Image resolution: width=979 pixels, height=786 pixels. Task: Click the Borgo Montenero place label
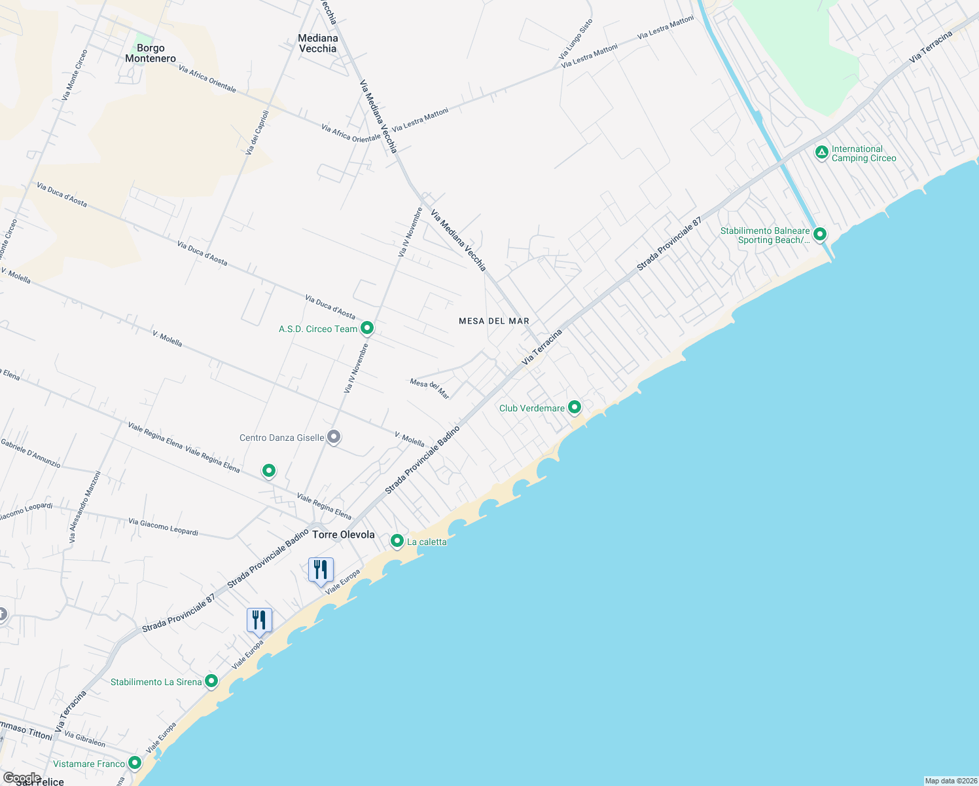coord(151,53)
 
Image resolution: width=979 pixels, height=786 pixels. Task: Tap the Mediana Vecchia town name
coord(318,43)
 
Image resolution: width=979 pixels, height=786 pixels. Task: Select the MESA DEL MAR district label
coord(494,321)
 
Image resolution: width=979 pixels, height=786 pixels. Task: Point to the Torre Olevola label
coord(344,534)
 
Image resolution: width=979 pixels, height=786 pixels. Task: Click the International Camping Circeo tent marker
coord(822,153)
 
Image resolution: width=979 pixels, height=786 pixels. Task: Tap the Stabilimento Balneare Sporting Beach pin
coord(819,234)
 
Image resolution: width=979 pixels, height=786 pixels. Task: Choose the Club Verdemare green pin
coord(575,407)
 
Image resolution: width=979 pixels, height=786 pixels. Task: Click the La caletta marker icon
coord(397,541)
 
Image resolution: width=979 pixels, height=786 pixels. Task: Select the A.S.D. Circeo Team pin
coord(367,327)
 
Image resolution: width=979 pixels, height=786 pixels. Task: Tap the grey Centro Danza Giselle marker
coord(334,436)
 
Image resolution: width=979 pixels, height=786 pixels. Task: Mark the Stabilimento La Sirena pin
coord(211,681)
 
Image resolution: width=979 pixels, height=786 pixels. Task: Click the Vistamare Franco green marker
coord(135,762)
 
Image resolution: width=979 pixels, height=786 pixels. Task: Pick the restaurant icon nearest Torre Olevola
coord(321,570)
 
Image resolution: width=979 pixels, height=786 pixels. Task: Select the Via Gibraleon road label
coord(85,739)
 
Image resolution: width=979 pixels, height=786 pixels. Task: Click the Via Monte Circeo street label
coord(75,75)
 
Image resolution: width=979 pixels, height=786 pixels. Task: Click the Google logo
coord(22,778)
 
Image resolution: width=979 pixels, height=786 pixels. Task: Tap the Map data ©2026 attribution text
coord(950,781)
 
